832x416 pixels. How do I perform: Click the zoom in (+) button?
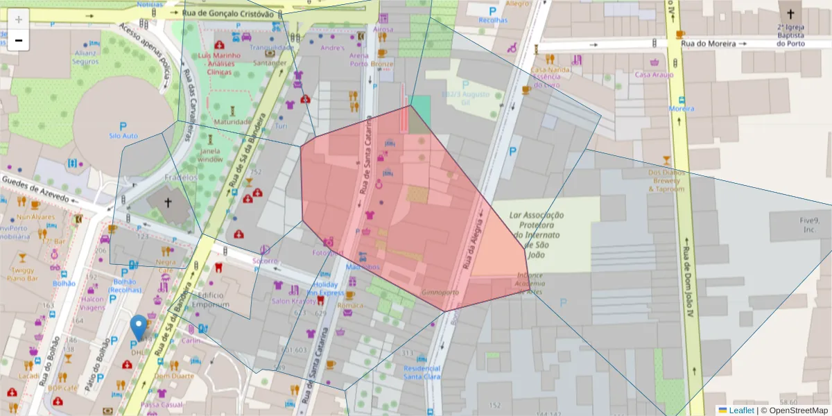(x=19, y=19)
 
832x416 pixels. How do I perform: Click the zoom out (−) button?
(x=19, y=40)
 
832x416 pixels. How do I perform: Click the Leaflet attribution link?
(x=740, y=410)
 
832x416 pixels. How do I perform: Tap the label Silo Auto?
(x=124, y=136)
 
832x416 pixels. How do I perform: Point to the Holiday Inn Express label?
(x=325, y=288)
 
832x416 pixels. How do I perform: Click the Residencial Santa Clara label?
(x=422, y=372)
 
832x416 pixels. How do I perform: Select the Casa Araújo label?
(x=654, y=74)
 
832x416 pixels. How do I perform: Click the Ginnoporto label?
(x=440, y=293)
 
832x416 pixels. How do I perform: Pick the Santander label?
(x=270, y=62)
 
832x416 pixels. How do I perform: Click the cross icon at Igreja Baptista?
(x=790, y=13)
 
